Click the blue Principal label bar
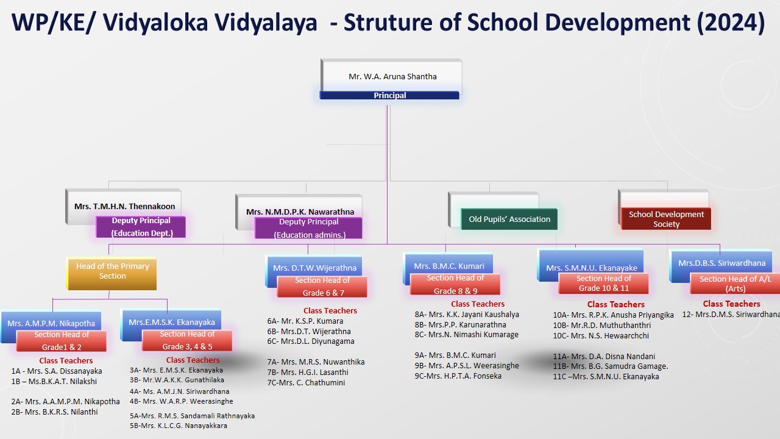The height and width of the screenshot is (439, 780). [389, 95]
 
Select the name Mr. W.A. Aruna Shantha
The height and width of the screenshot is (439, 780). [392, 77]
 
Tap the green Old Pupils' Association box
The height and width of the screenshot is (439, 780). [509, 219]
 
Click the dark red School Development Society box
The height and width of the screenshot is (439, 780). [666, 219]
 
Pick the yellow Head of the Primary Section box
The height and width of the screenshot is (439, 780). [112, 274]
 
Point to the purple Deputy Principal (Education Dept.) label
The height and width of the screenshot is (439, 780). [141, 227]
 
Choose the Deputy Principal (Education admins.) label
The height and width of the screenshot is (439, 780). [309, 228]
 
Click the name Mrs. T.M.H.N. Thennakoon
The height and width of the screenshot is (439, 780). [125, 206]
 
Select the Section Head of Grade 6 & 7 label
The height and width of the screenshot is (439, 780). [322, 287]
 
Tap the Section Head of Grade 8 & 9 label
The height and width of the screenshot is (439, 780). [455, 284]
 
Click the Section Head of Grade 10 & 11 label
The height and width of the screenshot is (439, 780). [603, 284]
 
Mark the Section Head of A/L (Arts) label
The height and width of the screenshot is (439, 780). [735, 284]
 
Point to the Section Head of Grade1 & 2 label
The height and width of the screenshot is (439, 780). [62, 341]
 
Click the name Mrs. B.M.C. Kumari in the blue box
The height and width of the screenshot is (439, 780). [449, 266]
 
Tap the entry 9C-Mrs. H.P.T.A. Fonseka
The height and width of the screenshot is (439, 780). [458, 376]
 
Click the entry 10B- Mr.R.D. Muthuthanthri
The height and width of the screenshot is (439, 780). [601, 326]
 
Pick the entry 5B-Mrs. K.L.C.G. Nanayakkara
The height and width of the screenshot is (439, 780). [179, 426]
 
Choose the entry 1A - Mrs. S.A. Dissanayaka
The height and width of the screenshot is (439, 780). [57, 371]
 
